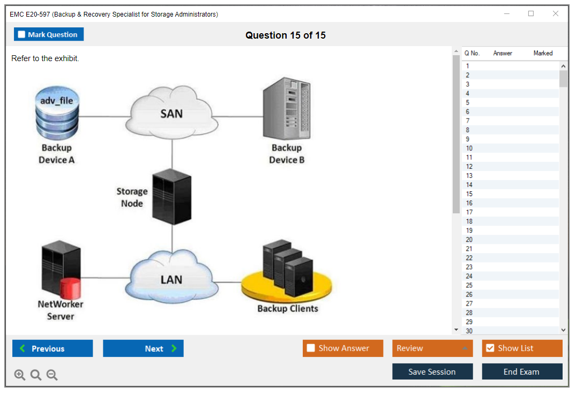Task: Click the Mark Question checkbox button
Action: [49, 34]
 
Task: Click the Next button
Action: [143, 348]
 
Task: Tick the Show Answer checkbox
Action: [311, 348]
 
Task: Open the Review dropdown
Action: [432, 348]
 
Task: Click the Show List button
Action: [522, 348]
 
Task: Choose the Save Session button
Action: [432, 371]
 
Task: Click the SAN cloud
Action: [172, 114]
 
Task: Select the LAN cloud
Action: [171, 279]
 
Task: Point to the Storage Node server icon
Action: [171, 197]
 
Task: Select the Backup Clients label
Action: [288, 309]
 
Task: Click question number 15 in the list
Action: [469, 194]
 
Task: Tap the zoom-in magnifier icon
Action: [20, 375]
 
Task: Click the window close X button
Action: [556, 14]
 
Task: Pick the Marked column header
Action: [543, 53]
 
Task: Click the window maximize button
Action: [531, 14]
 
